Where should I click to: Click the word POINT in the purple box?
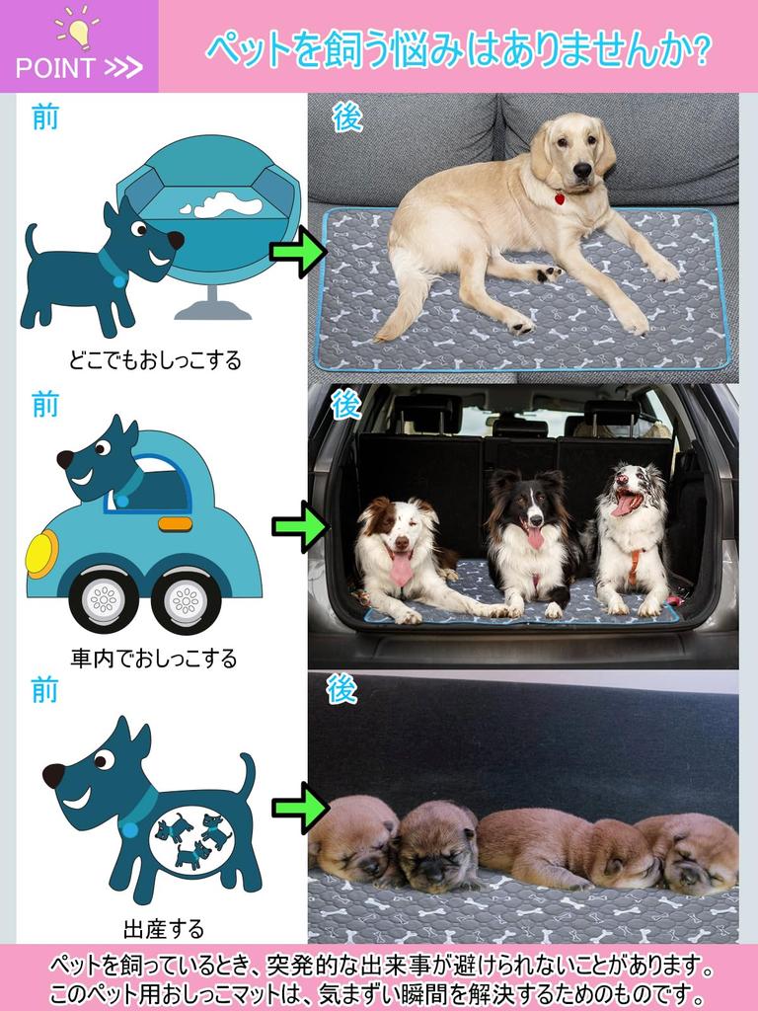(x=55, y=68)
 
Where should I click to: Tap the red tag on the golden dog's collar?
(x=560, y=198)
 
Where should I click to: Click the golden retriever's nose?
(x=582, y=171)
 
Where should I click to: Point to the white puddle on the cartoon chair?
(x=227, y=206)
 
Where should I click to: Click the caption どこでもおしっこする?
(x=155, y=360)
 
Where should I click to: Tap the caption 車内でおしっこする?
(x=154, y=658)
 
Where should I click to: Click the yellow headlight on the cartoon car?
(x=41, y=553)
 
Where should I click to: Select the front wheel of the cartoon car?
(x=104, y=598)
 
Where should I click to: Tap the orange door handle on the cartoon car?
(x=176, y=523)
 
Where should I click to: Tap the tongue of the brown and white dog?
(x=401, y=568)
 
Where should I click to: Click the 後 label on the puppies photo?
(x=342, y=689)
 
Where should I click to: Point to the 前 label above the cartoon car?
(x=45, y=404)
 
